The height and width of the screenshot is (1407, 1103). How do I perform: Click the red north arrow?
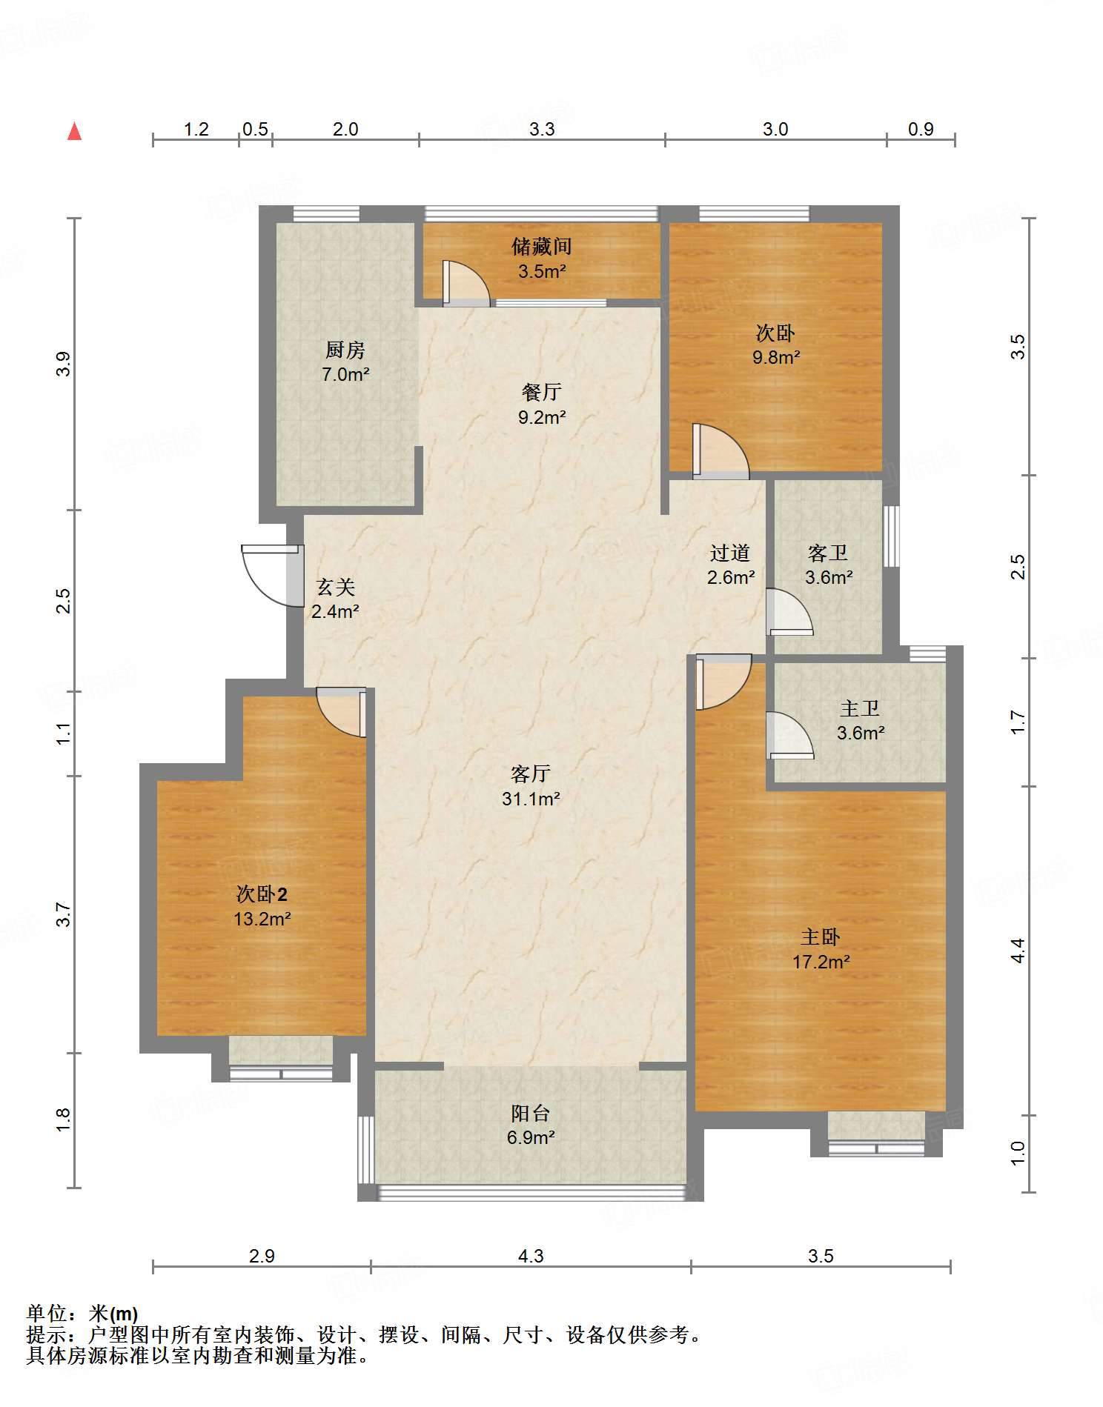pyautogui.click(x=74, y=131)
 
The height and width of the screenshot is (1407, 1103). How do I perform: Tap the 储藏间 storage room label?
pyautogui.click(x=542, y=246)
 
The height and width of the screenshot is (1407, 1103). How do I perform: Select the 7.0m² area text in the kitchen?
pyautogui.click(x=345, y=374)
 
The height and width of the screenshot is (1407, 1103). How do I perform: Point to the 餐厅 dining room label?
pyautogui.click(x=542, y=392)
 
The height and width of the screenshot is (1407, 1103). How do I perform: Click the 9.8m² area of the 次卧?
pyautogui.click(x=776, y=357)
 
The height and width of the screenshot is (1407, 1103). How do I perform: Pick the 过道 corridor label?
pyautogui.click(x=730, y=553)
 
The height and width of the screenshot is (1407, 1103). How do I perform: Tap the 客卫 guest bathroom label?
pyautogui.click(x=828, y=553)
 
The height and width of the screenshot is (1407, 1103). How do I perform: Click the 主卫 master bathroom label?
pyautogui.click(x=860, y=708)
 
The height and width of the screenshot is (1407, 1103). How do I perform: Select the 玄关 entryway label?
pyautogui.click(x=336, y=587)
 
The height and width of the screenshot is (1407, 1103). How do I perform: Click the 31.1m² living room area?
pyautogui.click(x=531, y=799)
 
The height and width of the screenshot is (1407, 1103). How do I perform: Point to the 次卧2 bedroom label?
pyautogui.click(x=262, y=894)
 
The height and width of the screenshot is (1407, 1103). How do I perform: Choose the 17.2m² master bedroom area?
pyautogui.click(x=821, y=962)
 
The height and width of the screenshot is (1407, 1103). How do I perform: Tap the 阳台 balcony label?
pyautogui.click(x=531, y=1113)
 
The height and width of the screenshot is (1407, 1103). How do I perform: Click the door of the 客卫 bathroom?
pyautogui.click(x=789, y=612)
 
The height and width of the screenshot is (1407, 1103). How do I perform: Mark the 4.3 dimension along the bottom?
pyautogui.click(x=531, y=1256)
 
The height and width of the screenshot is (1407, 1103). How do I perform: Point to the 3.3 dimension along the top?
pyautogui.click(x=542, y=129)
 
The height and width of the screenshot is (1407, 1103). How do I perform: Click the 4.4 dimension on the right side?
pyautogui.click(x=1018, y=950)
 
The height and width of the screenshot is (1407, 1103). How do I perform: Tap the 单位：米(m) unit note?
pyautogui.click(x=82, y=1314)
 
